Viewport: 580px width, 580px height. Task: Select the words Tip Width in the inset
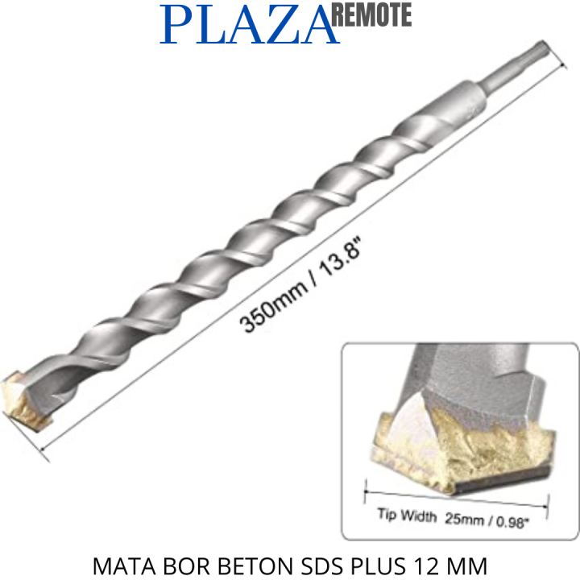407,516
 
